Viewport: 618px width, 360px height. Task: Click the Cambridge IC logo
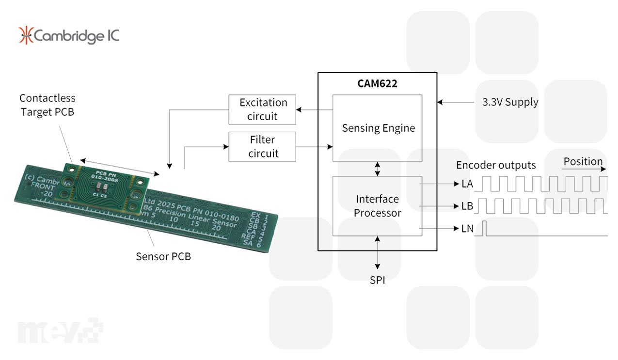coord(69,35)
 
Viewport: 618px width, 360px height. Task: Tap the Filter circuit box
coord(262,146)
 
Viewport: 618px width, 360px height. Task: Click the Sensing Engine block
coord(378,128)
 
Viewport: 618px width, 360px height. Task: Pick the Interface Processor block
coord(378,205)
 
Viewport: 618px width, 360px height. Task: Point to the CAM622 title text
coord(378,83)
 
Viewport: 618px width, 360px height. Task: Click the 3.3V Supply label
coord(510,102)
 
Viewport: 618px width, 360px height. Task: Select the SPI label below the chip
coord(378,280)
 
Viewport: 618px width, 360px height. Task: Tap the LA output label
coord(467,184)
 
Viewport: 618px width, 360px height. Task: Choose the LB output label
coord(467,206)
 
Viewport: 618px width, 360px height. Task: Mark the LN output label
coord(467,228)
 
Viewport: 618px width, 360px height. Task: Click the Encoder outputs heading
coord(496,165)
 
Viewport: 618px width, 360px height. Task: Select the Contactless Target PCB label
coord(48,105)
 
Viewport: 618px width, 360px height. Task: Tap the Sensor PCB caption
coord(163,256)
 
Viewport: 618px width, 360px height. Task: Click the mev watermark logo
coord(61,330)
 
